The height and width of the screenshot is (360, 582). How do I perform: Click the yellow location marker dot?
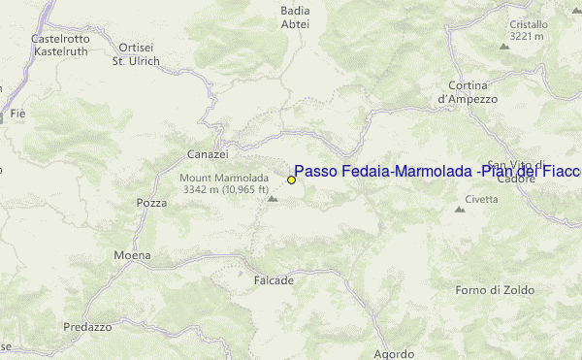[x=291, y=180]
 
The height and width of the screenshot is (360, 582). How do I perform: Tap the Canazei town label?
[x=208, y=154]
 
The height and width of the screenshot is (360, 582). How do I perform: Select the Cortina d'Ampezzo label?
[x=468, y=92]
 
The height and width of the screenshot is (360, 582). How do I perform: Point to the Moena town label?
[x=132, y=255]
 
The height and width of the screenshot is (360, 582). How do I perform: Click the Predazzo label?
[x=88, y=327]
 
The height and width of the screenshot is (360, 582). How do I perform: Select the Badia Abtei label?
[x=294, y=17]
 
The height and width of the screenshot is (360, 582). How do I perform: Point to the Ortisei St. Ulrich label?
[x=136, y=54]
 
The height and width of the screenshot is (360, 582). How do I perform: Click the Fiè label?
[x=17, y=115]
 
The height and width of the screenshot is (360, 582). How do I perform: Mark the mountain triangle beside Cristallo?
[x=504, y=46]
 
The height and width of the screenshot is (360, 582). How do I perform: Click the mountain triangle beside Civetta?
[x=460, y=209]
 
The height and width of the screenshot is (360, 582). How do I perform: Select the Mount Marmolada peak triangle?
[x=273, y=199]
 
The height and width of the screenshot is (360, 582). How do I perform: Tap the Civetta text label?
[x=482, y=199]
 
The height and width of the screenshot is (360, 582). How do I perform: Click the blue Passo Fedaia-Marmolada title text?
[x=436, y=171]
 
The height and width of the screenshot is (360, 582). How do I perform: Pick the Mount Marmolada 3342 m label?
[x=223, y=183]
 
